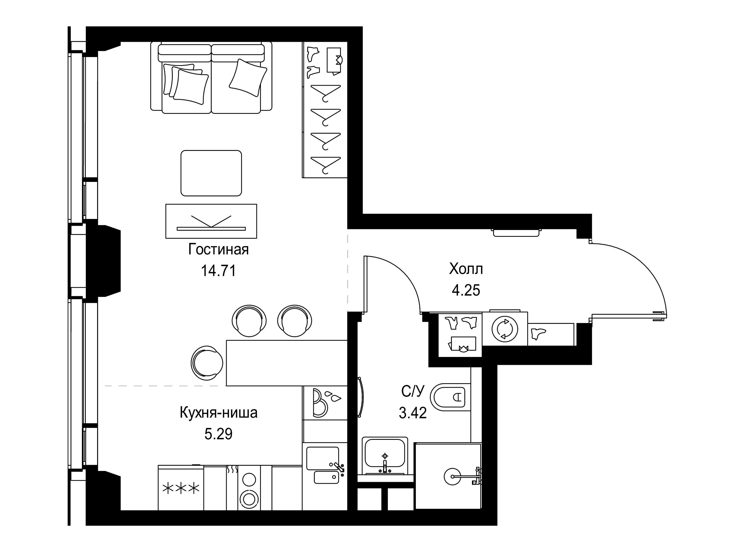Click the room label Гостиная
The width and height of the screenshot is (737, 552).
[218, 249]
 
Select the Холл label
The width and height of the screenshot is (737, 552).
[466, 269]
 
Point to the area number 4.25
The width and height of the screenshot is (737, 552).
[466, 290]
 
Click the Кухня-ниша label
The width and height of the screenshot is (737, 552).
[218, 413]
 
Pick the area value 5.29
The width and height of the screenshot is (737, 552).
[218, 434]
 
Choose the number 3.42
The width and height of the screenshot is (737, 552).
[413, 413]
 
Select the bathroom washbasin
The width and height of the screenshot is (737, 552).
[385, 455]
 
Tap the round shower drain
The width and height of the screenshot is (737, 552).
[452, 477]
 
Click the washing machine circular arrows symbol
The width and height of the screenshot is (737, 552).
[505, 329]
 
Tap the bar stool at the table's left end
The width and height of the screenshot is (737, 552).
[207, 363]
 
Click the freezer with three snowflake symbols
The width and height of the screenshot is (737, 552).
[181, 488]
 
